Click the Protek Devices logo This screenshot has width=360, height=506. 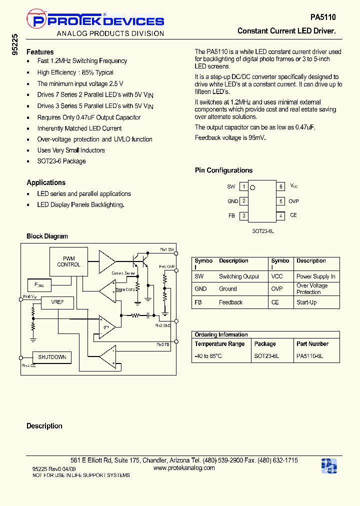[95, 20]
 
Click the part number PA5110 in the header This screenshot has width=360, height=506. [323, 17]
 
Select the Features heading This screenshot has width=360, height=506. [40, 52]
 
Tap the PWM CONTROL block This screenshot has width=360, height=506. [68, 261]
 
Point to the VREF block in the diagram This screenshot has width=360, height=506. [57, 302]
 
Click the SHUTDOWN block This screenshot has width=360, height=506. [52, 357]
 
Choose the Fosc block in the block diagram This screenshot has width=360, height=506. [39, 284]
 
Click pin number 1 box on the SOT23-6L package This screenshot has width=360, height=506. [243, 186]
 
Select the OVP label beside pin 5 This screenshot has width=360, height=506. [293, 201]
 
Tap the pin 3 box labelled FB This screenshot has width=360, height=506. [243, 215]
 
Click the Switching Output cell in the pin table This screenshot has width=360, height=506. [239, 276]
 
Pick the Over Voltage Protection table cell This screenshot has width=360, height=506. [312, 289]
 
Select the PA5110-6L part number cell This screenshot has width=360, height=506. [310, 356]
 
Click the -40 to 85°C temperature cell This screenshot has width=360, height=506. [208, 356]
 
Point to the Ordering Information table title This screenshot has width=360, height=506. [221, 335]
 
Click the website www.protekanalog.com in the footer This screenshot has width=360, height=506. [184, 468]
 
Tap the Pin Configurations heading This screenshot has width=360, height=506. [223, 170]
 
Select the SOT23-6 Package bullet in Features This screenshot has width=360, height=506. [61, 161]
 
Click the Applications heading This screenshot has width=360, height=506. [46, 182]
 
